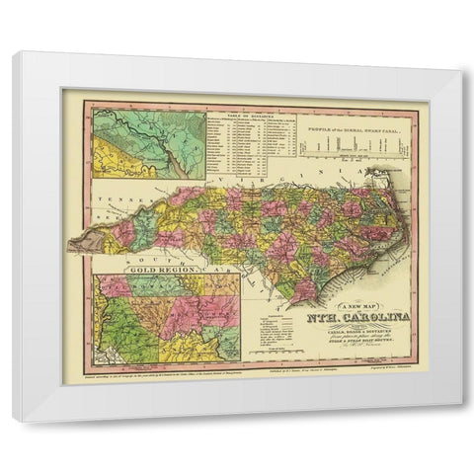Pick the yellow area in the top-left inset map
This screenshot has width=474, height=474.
[x=118, y=163]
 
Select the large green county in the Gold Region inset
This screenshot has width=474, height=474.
[x=138, y=331]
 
